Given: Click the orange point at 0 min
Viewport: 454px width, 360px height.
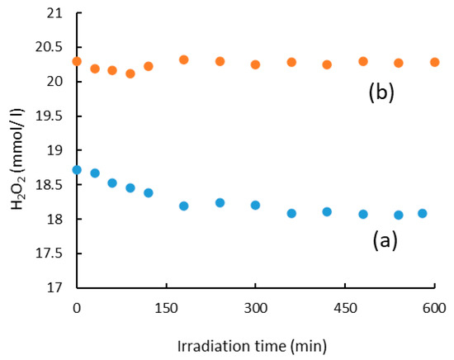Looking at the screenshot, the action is click(x=77, y=61).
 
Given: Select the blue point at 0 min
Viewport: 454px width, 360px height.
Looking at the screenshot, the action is click(x=77, y=170).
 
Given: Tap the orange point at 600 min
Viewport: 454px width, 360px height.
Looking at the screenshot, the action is click(x=434, y=62).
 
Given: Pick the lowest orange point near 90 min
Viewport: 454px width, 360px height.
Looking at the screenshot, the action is click(x=130, y=73).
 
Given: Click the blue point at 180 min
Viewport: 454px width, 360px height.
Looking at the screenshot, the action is click(x=184, y=206).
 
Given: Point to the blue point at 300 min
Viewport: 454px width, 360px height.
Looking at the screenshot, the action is click(x=255, y=206).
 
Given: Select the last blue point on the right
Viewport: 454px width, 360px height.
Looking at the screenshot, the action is click(x=423, y=214).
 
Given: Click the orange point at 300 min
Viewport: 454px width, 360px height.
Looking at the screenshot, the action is click(x=255, y=64).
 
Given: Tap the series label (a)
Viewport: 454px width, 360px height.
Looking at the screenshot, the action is click(x=385, y=240).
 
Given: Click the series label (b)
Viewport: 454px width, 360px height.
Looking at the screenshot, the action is click(x=381, y=92).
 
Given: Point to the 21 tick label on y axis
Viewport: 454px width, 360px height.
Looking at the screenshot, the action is click(x=54, y=13).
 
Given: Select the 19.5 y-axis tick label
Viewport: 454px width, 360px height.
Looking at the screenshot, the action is click(x=49, y=116).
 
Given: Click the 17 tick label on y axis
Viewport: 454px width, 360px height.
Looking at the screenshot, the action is click(x=54, y=288).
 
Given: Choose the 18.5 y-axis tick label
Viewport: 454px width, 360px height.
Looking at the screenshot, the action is click(x=49, y=185).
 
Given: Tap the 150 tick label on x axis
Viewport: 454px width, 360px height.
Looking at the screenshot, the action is click(x=166, y=309).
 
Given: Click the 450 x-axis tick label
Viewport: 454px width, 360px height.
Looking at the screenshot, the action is click(x=345, y=309).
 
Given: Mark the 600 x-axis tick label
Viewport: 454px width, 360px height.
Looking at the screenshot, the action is click(x=434, y=309).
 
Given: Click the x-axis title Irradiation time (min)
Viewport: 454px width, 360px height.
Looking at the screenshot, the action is click(x=253, y=347).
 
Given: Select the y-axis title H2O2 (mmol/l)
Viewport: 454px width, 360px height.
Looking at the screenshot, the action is click(x=18, y=159).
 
